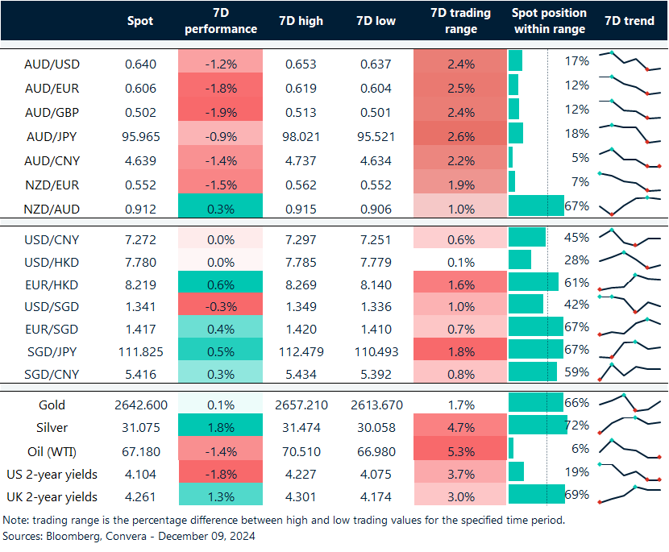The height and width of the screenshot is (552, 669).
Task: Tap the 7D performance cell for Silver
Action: pyautogui.click(x=220, y=427)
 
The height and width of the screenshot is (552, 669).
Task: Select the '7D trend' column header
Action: pyautogui.click(x=629, y=21)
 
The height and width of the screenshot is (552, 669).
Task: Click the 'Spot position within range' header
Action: pyautogui.click(x=549, y=21)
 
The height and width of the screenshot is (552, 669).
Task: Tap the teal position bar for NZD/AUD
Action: pyautogui.click(x=536, y=206)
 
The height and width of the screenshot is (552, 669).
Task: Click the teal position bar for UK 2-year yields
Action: pyautogui.click(x=536, y=494)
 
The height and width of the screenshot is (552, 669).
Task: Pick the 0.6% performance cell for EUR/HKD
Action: pyautogui.click(x=220, y=284)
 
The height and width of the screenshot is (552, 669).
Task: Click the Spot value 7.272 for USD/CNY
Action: pyautogui.click(x=140, y=239)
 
